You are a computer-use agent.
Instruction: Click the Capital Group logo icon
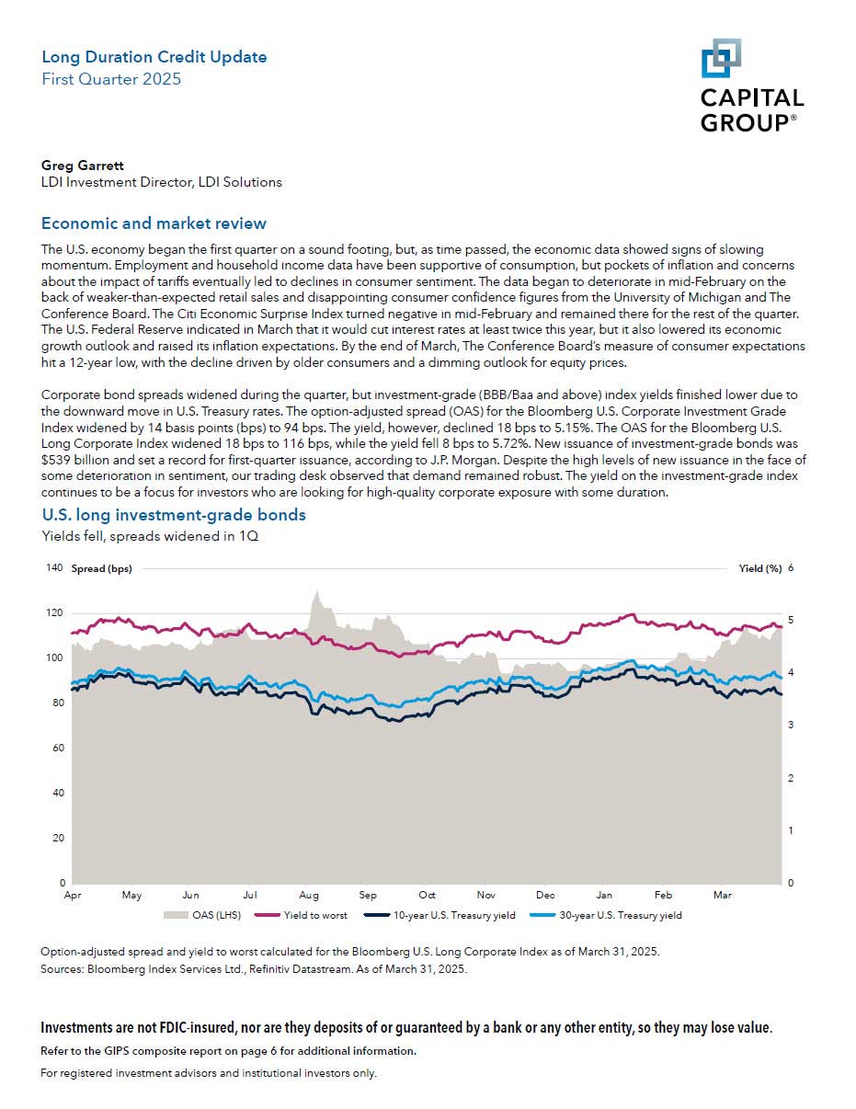click(x=721, y=58)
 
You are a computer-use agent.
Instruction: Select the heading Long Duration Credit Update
click(x=154, y=57)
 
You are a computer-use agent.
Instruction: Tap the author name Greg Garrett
click(x=83, y=166)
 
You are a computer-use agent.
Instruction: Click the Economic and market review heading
click(x=154, y=223)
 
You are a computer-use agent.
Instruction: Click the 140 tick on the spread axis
click(x=54, y=568)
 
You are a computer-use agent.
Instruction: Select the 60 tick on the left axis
click(x=58, y=748)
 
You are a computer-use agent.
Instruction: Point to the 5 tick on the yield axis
click(x=792, y=620)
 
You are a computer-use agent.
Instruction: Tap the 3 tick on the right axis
click(x=792, y=725)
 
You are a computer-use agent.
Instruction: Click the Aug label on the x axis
click(x=309, y=895)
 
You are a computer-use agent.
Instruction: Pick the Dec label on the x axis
click(x=545, y=895)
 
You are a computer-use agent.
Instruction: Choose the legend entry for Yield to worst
click(x=301, y=915)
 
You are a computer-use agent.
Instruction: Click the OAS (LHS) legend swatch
click(x=176, y=916)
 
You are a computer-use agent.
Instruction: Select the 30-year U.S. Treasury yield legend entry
click(x=606, y=915)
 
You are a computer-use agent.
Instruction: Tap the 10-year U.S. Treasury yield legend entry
click(x=439, y=915)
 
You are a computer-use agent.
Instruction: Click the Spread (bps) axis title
click(x=101, y=568)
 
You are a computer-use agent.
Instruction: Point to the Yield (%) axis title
click(x=760, y=568)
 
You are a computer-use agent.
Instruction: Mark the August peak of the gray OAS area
click(x=317, y=591)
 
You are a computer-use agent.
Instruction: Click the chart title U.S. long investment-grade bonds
click(x=174, y=514)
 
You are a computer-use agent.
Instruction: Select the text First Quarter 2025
click(x=111, y=79)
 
